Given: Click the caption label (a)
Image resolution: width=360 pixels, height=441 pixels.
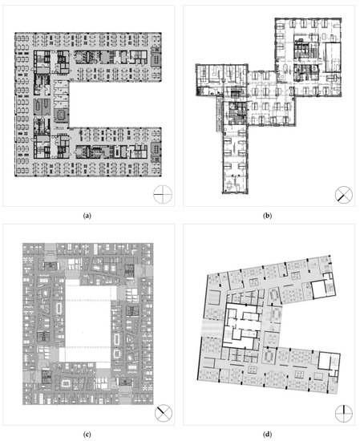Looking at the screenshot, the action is click(x=87, y=216).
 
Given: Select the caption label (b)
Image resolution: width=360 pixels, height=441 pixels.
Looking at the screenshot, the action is click(x=267, y=216).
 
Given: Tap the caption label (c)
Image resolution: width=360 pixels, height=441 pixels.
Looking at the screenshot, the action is click(x=87, y=435).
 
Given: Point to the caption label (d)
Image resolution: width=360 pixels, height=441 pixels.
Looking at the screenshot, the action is click(x=267, y=435).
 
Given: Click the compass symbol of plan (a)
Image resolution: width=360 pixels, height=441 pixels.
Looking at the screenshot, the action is click(x=163, y=194).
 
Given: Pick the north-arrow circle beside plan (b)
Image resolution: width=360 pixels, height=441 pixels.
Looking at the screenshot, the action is click(x=344, y=194).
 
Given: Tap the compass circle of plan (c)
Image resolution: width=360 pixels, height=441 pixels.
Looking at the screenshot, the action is click(x=164, y=413).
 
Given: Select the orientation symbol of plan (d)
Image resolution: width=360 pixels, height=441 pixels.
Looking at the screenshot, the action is click(x=344, y=413).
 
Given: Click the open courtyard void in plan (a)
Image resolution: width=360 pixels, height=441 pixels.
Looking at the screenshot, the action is click(x=115, y=104).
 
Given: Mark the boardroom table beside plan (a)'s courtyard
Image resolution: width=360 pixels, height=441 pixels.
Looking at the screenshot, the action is click(x=61, y=115).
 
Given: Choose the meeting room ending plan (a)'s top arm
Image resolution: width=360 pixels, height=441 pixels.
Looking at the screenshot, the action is click(x=156, y=59).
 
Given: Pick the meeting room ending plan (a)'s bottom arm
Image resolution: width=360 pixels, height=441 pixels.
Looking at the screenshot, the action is click(x=156, y=148).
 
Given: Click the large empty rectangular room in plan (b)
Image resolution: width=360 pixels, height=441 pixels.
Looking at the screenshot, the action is click(x=334, y=57).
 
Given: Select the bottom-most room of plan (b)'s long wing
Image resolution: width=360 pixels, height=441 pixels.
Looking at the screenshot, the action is click(x=235, y=184).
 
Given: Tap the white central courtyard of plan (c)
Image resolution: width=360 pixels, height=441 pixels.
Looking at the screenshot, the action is click(x=87, y=323).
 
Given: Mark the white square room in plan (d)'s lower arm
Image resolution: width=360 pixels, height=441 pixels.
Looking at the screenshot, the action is click(x=326, y=361).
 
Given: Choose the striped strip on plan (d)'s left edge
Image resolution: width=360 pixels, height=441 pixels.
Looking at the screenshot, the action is click(x=212, y=328).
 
